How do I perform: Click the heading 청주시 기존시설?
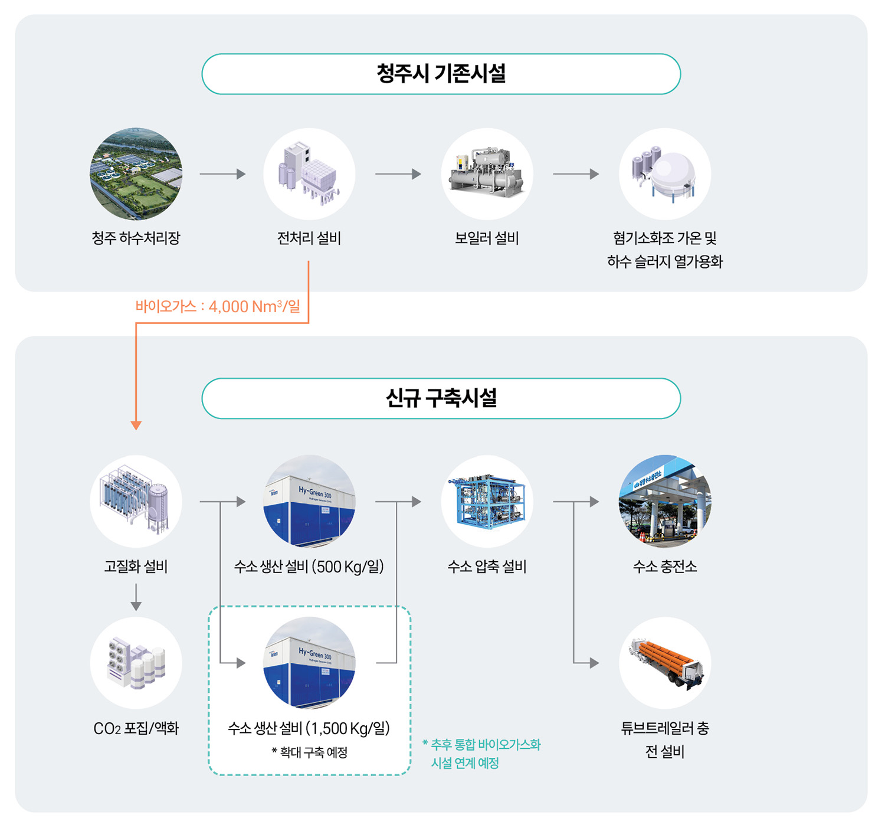click(x=441, y=74)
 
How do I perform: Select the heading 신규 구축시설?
click(x=441, y=398)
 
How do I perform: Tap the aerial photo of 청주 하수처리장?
click(x=136, y=174)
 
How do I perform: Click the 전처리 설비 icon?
click(x=309, y=174)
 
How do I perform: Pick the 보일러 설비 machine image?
click(x=487, y=174)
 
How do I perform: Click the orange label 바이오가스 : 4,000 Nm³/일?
click(x=218, y=306)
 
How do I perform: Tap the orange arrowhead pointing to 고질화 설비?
click(x=136, y=425)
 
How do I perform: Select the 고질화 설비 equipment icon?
click(x=136, y=501)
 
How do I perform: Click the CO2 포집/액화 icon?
click(x=136, y=663)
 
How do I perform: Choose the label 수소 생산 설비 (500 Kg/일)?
click(x=309, y=567)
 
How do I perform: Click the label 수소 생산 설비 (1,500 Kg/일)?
click(x=309, y=728)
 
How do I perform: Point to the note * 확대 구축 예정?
click(x=309, y=752)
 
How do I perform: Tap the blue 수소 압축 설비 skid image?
click(x=487, y=501)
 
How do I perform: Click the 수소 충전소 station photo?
click(x=665, y=501)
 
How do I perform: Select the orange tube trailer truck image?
click(x=665, y=663)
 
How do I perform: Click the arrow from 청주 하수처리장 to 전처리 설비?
click(x=222, y=174)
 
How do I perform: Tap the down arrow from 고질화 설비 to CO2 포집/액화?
click(x=136, y=597)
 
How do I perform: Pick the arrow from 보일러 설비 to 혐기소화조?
click(x=576, y=174)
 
